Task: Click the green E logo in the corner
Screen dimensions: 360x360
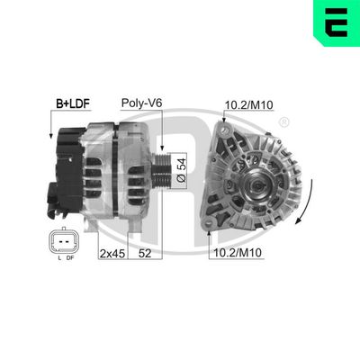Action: pyautogui.click(x=334, y=24)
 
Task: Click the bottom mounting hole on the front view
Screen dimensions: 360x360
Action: pyautogui.click(x=212, y=219)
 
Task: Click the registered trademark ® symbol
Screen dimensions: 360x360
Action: pyautogui.click(x=284, y=121)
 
